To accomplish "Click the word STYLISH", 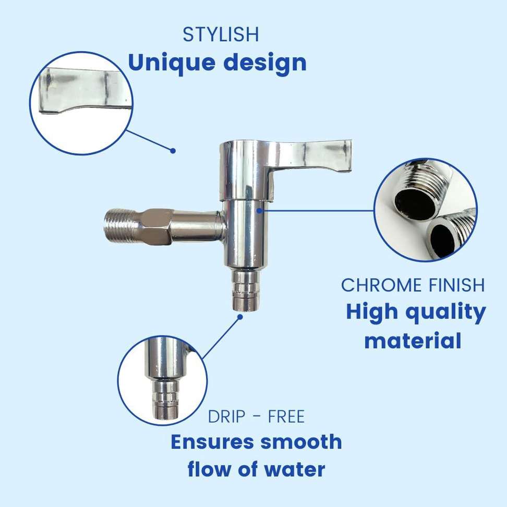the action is coord(221,34).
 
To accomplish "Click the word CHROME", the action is coord(382,285).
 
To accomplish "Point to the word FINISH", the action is coord(457,285).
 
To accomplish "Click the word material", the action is coord(413,341).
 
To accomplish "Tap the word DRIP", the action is coord(226,416).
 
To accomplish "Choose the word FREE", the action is coord(286,416).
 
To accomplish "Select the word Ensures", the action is coord(212,442).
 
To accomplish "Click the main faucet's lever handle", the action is coord(310,155).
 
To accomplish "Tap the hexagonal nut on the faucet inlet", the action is coord(156,226).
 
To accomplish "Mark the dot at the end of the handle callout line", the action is coord(173,151).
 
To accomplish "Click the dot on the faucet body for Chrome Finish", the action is coord(259,211).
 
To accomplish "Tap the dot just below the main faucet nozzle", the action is coord(240,317).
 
